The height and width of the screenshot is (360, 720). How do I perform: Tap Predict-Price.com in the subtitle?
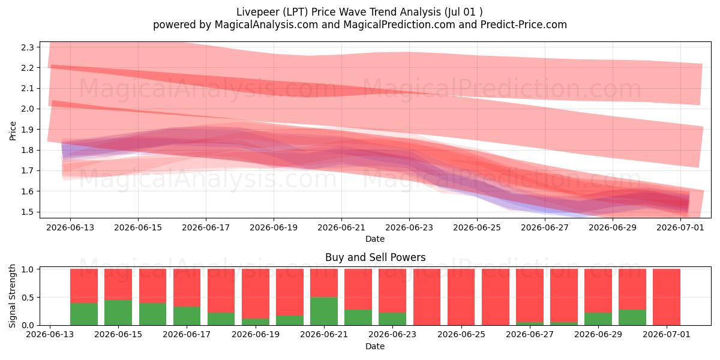pyautogui.click(x=524, y=25)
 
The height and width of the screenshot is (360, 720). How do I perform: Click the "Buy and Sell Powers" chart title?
pyautogui.click(x=375, y=257)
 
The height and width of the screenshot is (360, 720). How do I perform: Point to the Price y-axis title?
pyautogui.click(x=13, y=131)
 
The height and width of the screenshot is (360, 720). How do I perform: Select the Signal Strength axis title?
pyautogui.click(x=12, y=296)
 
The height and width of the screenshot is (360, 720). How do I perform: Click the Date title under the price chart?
pyautogui.click(x=375, y=239)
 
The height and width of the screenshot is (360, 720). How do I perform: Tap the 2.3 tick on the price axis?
pyautogui.click(x=28, y=47)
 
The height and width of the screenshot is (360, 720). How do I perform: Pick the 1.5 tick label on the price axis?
pyautogui.click(x=28, y=212)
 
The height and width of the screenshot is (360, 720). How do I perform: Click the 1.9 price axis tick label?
pyautogui.click(x=28, y=130)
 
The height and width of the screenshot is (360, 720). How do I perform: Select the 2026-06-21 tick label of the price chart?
pyautogui.click(x=341, y=227)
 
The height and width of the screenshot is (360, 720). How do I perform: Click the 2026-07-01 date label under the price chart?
pyautogui.click(x=680, y=227)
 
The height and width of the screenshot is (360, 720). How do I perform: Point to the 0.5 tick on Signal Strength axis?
pyautogui.click(x=28, y=298)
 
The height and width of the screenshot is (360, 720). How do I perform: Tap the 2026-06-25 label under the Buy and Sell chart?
pyautogui.click(x=461, y=335)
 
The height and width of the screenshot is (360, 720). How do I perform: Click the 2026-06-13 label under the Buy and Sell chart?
pyautogui.click(x=50, y=335)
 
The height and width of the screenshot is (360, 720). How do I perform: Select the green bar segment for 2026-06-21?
pyautogui.click(x=324, y=311)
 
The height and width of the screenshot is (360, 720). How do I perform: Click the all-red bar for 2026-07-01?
pyautogui.click(x=667, y=297)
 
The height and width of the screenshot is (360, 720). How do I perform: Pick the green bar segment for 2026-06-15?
pyautogui.click(x=118, y=313)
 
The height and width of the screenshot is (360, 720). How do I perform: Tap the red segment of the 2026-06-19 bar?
pyautogui.click(x=256, y=294)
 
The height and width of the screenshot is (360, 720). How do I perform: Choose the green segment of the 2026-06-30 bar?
pyautogui.click(x=632, y=317)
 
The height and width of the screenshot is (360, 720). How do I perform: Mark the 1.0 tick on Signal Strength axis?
pyautogui.click(x=28, y=269)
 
